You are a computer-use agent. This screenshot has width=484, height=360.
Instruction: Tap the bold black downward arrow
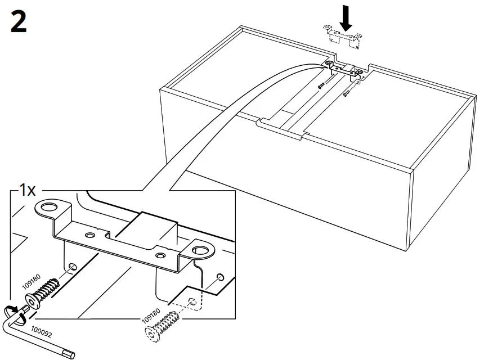coord(346,20)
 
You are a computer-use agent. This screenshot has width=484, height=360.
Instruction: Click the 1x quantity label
coord(28,190)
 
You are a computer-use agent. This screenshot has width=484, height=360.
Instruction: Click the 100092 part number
coord(41,334)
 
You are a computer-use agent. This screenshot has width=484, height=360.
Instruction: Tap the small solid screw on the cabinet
coord(321,85)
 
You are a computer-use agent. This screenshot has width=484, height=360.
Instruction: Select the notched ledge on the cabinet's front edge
coord(282,128)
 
